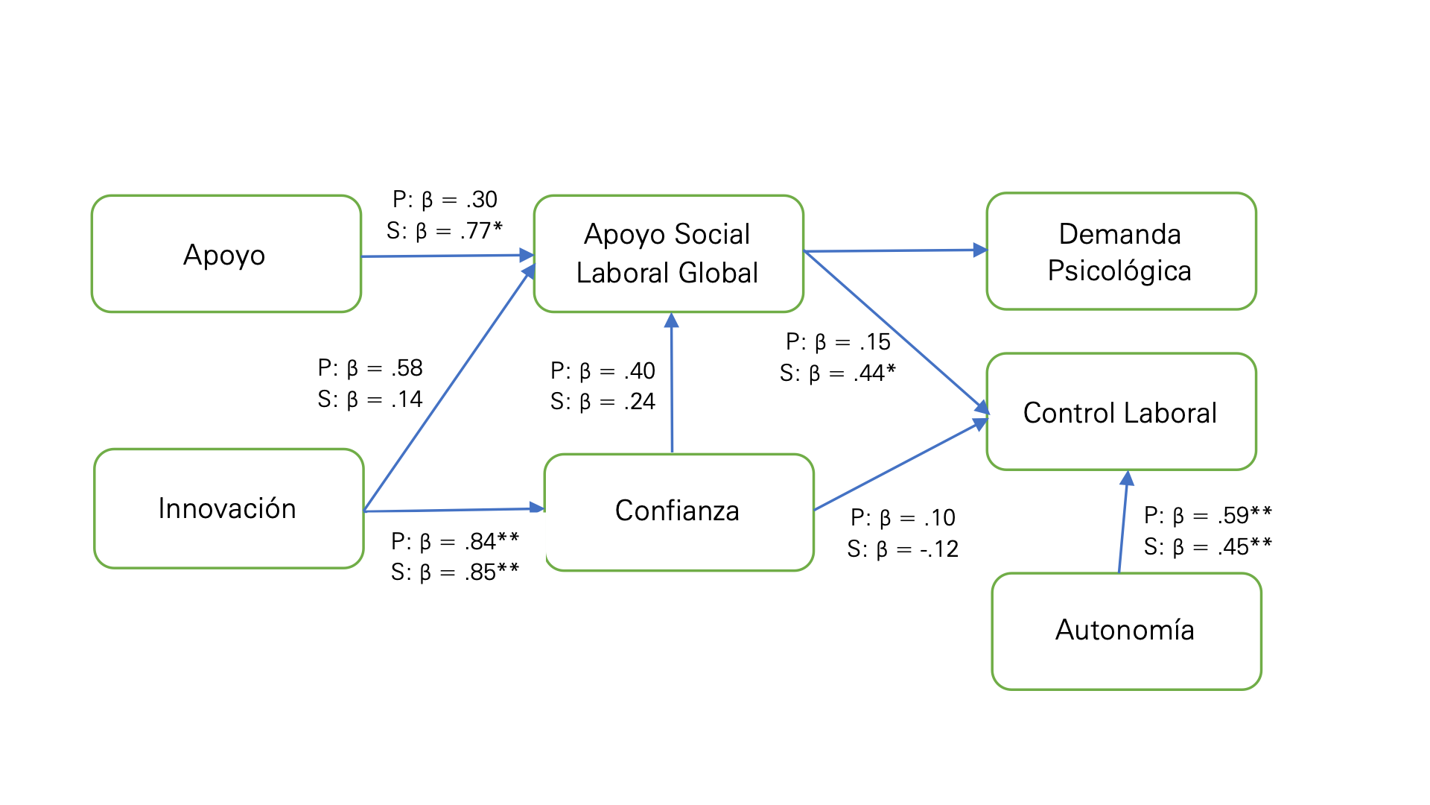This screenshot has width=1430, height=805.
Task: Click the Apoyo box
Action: (x=226, y=254)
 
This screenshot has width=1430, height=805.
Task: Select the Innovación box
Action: (x=228, y=508)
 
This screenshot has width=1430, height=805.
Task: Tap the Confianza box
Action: (x=678, y=511)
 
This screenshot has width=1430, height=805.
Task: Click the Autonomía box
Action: (x=1125, y=631)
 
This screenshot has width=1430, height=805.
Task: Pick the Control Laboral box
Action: (x=1120, y=412)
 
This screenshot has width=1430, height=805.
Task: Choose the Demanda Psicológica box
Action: (x=1120, y=252)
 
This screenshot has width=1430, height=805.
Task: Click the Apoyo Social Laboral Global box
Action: (x=667, y=253)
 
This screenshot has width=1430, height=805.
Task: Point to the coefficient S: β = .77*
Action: (x=445, y=231)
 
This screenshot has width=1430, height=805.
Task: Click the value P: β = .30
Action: (x=445, y=200)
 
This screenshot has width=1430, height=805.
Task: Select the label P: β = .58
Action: (x=370, y=368)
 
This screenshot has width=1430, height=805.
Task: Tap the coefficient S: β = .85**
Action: (x=455, y=572)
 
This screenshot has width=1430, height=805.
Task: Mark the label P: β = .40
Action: (x=603, y=370)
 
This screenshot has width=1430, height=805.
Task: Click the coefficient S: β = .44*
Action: (x=837, y=373)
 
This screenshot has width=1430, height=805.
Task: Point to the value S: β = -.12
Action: (x=903, y=549)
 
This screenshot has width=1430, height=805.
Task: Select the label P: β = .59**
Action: (x=1207, y=515)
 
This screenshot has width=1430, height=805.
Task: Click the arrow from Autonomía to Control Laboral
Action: (x=1124, y=522)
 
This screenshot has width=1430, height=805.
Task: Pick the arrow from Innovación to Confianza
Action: (x=454, y=510)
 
